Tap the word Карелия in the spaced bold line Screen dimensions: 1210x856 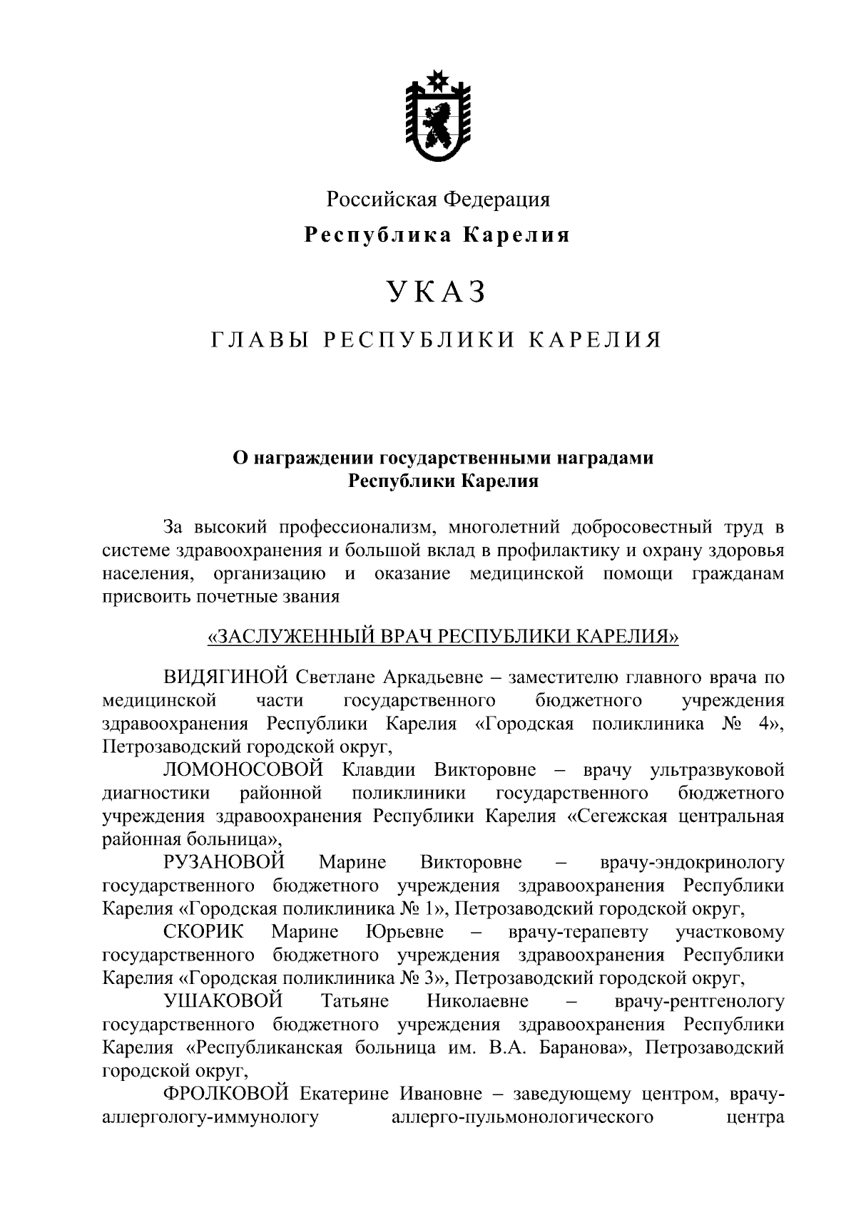pos(518,235)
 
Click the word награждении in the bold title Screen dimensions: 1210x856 pos(312,458)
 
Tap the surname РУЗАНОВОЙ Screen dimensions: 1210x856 pos(224,863)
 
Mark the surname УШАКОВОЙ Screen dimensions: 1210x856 pos(224,1001)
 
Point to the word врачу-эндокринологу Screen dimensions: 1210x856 pos(692,863)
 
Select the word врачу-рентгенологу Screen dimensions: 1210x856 pos(699,1001)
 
